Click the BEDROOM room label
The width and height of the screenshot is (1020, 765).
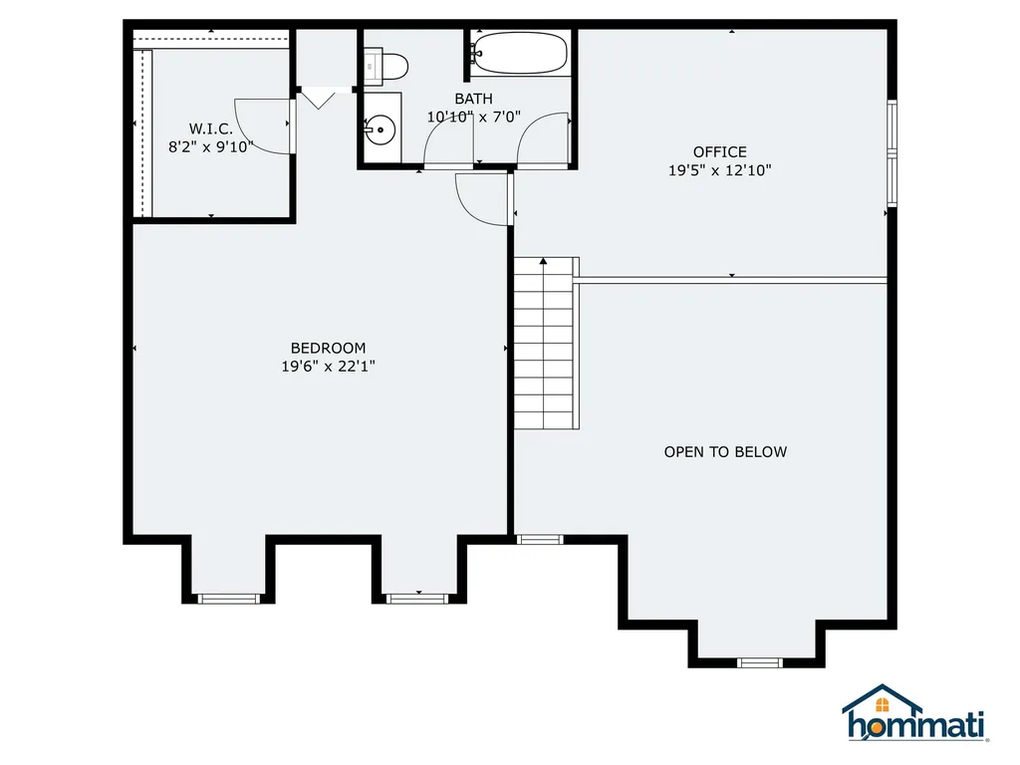[x=328, y=348]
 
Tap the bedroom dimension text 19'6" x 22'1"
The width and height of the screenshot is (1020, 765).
[x=328, y=367]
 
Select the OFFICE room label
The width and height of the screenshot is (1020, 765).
[x=719, y=152]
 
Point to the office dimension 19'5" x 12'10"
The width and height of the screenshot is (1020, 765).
[x=719, y=170]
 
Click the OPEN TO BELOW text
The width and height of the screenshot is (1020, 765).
[x=725, y=452]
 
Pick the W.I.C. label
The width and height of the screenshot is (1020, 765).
[x=210, y=128]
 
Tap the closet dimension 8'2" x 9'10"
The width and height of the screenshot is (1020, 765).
[x=210, y=146]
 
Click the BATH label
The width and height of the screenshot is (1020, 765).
[x=473, y=99]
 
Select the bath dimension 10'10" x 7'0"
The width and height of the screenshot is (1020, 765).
[x=473, y=117]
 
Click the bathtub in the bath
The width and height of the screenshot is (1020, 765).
[x=520, y=53]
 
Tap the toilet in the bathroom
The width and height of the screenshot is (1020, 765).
[x=386, y=67]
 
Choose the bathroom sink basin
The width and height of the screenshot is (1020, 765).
[x=380, y=129]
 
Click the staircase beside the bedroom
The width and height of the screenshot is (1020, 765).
[x=545, y=344]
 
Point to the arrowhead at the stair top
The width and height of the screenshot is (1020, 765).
[x=544, y=261]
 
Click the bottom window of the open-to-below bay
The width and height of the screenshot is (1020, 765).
[x=760, y=661]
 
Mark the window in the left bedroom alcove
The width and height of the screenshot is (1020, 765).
[x=229, y=598]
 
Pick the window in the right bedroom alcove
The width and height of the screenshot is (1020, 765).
[x=418, y=598]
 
